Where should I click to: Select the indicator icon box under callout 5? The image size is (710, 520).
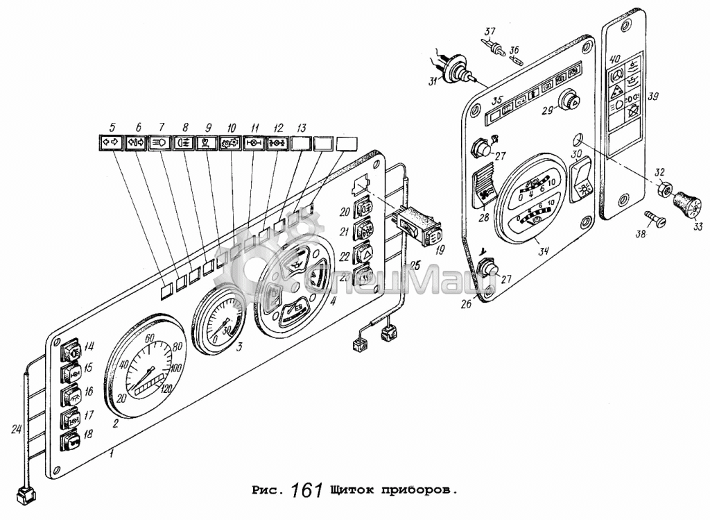click(x=110, y=144)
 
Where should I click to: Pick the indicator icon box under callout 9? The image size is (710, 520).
click(x=205, y=144)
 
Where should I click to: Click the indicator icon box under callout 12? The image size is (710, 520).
click(x=277, y=144)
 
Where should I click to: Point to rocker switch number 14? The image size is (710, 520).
click(x=71, y=349)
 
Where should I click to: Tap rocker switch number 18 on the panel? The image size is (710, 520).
click(x=71, y=441)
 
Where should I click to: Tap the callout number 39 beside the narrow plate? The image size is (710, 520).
click(x=652, y=98)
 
